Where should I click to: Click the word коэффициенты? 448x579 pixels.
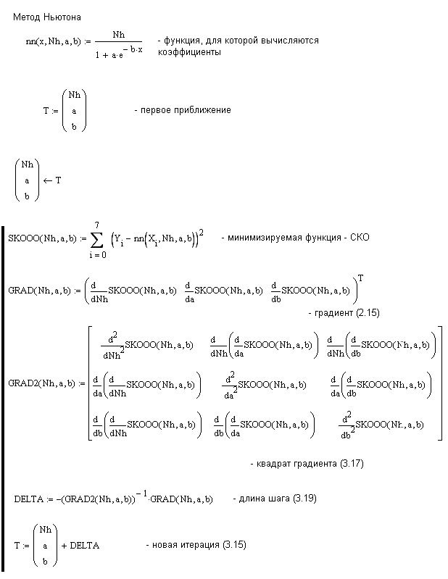[x=189, y=53]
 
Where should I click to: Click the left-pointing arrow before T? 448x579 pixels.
[x=48, y=180]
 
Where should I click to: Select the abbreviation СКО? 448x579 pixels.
[x=359, y=238]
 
